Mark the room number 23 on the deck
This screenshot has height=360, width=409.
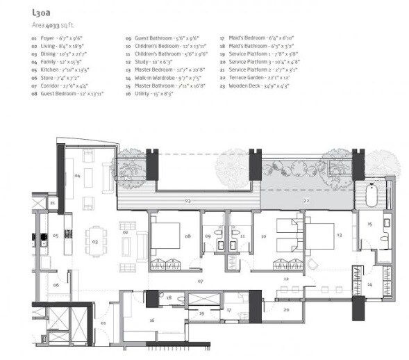pos(187,200)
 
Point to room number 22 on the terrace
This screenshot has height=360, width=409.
pos(308,200)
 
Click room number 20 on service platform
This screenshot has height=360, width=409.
pos(286,309)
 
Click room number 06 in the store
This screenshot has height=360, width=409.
pos(56,285)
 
